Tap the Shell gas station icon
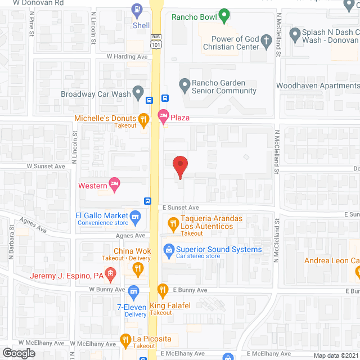coord(136,10)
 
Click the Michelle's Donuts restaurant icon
coord(144,119)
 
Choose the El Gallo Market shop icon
coord(135,216)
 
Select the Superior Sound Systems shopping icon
coord(168,249)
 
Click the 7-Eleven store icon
coord(133,291)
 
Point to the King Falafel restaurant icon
coord(163,291)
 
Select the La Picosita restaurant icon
coord(126,339)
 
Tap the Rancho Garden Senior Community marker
coord(184,86)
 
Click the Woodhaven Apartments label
coord(317,86)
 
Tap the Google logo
coord(19,353)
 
